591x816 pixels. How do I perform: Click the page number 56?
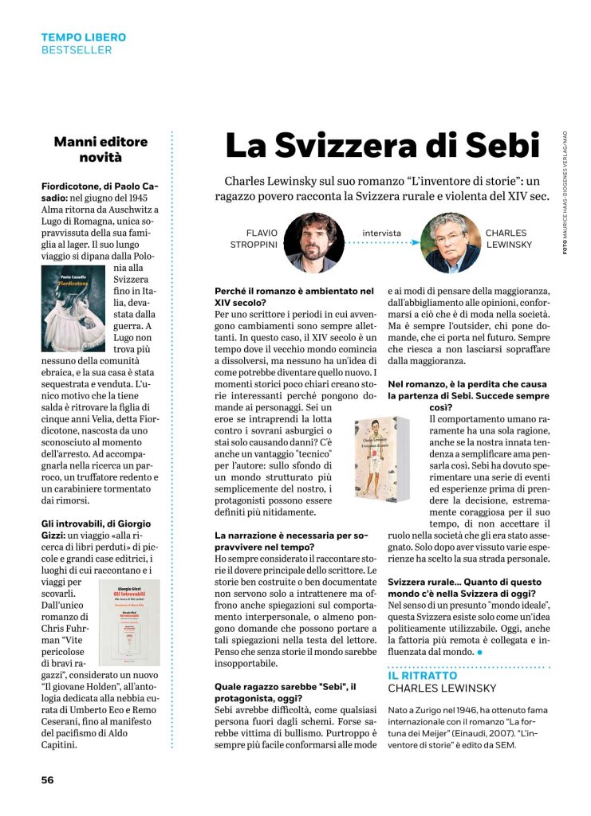(x=48, y=779)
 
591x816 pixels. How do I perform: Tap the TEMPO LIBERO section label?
(x=84, y=37)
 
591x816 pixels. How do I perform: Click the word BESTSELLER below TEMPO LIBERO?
(x=77, y=50)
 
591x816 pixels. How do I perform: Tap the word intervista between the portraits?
(x=381, y=233)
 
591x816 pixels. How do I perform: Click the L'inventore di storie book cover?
(x=381, y=458)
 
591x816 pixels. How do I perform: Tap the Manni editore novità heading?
(x=100, y=149)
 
